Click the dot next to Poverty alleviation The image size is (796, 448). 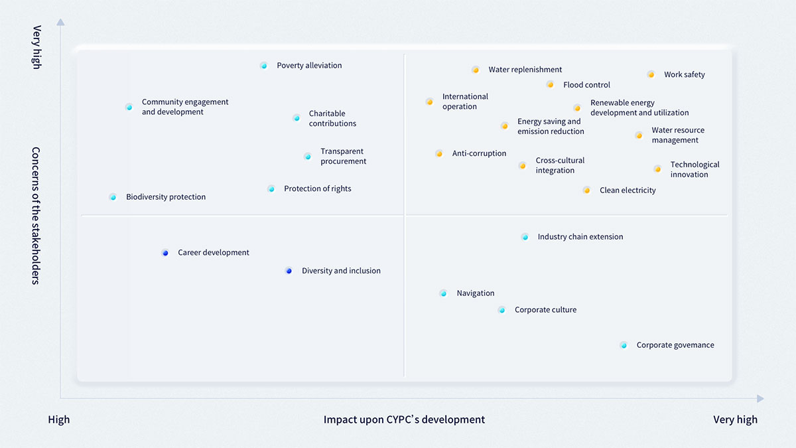coord(263,66)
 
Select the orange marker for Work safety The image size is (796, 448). coord(651,74)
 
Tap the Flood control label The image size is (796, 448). coord(586,85)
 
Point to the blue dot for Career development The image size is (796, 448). coord(165,253)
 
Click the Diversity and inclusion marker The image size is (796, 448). coord(289,271)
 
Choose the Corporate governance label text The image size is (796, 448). coord(675,345)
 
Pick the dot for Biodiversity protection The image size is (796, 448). coord(113,197)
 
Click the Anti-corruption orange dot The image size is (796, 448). coord(439,153)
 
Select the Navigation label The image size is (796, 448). coord(475,293)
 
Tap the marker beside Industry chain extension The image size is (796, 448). coord(525,237)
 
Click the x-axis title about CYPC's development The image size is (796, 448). coord(404,419)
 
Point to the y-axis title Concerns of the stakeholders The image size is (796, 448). coord(37,216)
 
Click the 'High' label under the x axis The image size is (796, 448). coord(58,419)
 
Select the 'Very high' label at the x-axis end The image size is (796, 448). coord(735,419)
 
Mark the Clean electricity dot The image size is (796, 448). coord(586,190)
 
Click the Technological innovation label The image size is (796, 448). coord(695,169)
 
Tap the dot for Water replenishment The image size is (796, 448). coord(476,70)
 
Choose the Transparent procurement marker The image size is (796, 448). coord(307,157)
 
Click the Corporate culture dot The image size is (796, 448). coord(501,310)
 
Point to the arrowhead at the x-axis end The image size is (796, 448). coord(760,398)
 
